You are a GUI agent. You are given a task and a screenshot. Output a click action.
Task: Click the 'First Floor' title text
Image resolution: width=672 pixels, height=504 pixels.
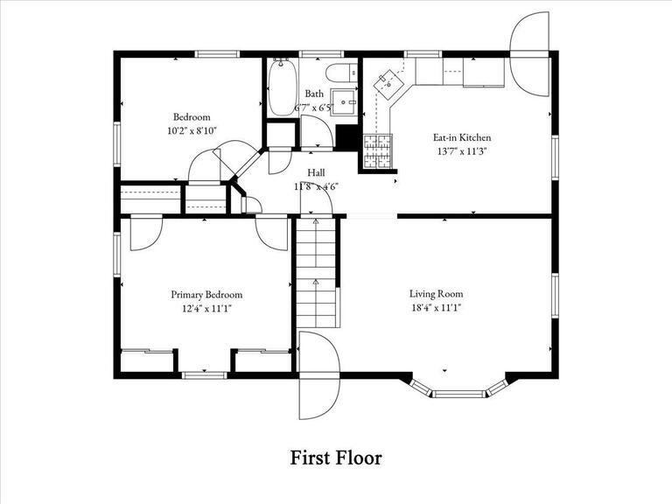[x=336, y=457]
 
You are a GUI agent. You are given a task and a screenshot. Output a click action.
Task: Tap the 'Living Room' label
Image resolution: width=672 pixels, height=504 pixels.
[x=436, y=294]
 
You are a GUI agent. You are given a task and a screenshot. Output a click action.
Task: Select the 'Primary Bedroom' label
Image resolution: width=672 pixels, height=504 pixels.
[x=206, y=295]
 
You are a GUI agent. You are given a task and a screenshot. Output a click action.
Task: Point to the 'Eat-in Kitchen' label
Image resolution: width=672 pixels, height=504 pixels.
[x=461, y=137]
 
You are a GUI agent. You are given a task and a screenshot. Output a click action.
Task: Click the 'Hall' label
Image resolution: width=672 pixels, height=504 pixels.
[x=316, y=172]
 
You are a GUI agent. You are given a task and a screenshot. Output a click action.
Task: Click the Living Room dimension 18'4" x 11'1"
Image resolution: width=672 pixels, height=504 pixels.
[x=436, y=308]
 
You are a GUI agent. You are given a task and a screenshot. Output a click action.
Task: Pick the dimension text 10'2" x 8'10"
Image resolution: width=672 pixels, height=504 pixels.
[x=191, y=130]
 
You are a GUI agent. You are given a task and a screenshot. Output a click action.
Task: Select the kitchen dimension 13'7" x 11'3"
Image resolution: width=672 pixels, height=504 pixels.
[x=461, y=150]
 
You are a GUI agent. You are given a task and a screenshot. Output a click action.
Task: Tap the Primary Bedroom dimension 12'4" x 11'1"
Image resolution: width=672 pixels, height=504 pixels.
[x=206, y=308]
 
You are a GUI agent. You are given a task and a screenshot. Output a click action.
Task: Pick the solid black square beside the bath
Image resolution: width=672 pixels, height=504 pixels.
[x=347, y=139]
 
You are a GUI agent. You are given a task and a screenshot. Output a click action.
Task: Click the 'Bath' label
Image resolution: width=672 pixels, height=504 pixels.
[x=314, y=94]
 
